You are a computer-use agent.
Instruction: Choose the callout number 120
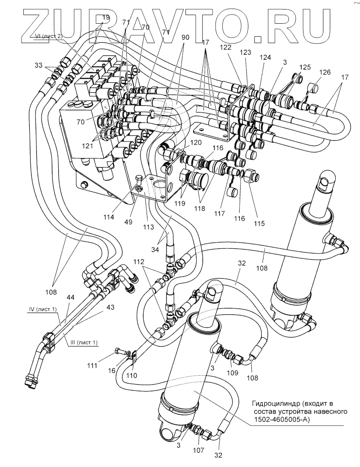pyautogui.click(x=196, y=142)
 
